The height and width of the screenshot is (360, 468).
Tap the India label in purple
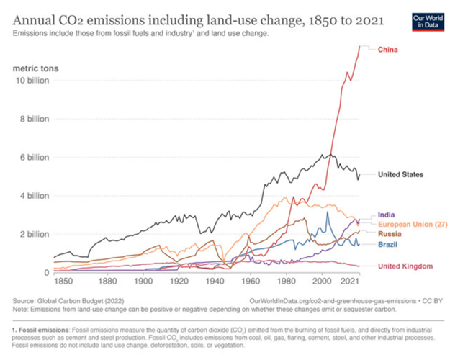387,215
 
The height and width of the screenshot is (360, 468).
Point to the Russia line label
390,234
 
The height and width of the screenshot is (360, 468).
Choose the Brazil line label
388,245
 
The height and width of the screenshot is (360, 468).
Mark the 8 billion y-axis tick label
35,119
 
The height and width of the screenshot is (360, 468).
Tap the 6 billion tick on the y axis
35,157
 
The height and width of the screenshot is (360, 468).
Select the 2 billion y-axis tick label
35,234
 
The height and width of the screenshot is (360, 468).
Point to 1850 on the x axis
63,281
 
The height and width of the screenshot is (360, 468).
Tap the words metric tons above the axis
36,68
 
